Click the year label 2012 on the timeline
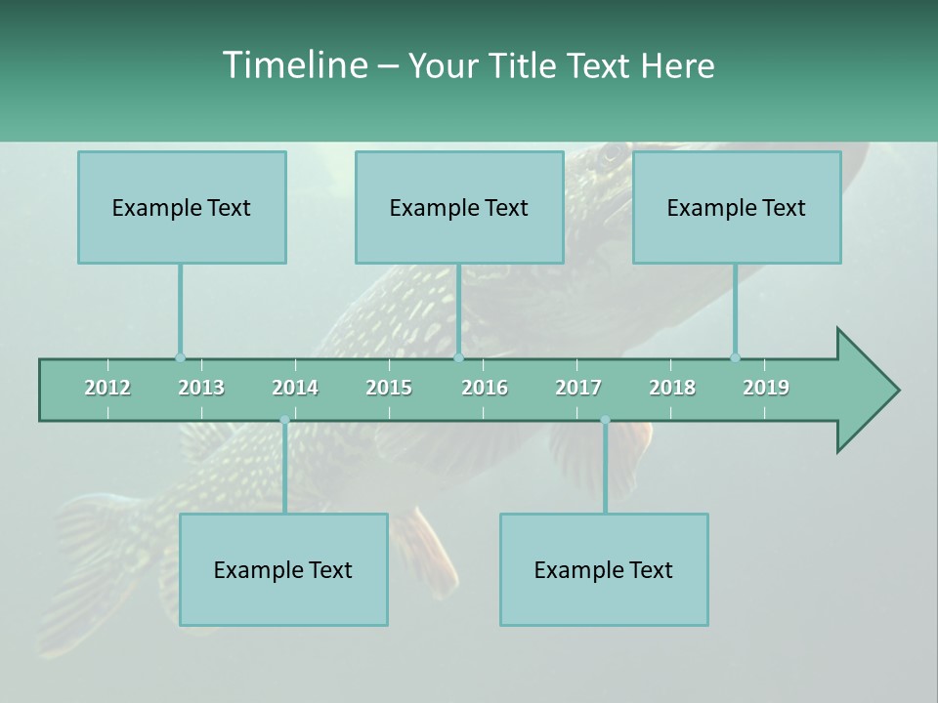[x=107, y=388]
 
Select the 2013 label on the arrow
[x=201, y=388]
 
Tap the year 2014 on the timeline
[x=295, y=388]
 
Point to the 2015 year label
[x=389, y=388]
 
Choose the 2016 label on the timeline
[x=485, y=388]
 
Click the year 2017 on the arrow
[x=578, y=388]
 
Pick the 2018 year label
[x=672, y=388]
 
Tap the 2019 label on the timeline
[x=766, y=388]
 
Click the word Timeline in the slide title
[x=294, y=65]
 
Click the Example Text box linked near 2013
[x=182, y=207]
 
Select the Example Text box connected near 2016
[x=459, y=207]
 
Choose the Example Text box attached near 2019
[x=737, y=207]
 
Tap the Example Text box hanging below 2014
[x=283, y=569]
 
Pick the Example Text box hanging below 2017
[x=604, y=569]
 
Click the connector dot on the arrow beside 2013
[x=180, y=358]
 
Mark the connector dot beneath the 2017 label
[x=605, y=420]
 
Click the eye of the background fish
[x=612, y=153]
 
